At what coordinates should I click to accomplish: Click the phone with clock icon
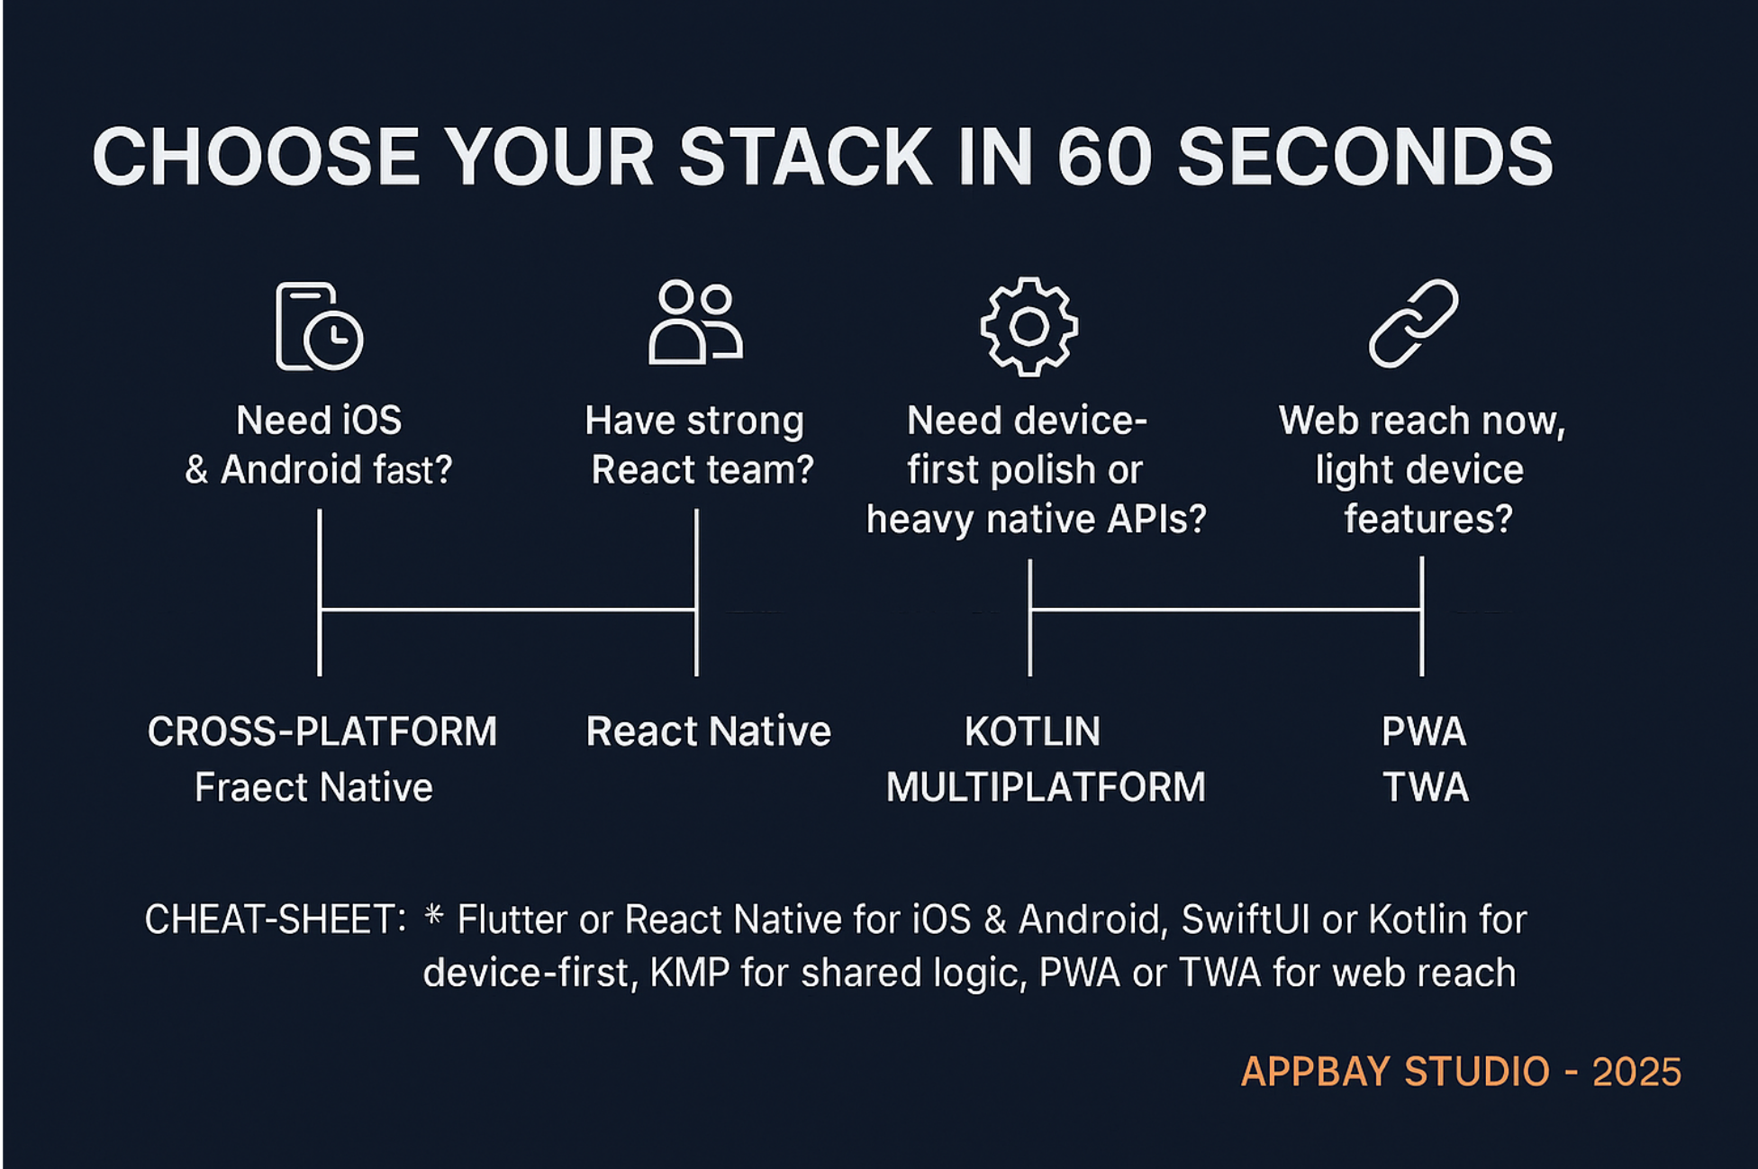pyautogui.click(x=319, y=326)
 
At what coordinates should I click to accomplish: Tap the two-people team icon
pyautogui.click(x=695, y=322)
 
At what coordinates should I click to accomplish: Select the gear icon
pyautogui.click(x=1029, y=326)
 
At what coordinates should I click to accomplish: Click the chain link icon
pyautogui.click(x=1413, y=322)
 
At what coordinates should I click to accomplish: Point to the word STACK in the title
pyautogui.click(x=805, y=156)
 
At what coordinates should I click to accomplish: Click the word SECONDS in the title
pyautogui.click(x=1365, y=156)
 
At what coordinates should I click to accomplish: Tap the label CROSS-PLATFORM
pyautogui.click(x=322, y=731)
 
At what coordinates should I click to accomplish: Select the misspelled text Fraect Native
pyautogui.click(x=314, y=787)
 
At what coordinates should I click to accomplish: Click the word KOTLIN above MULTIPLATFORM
pyautogui.click(x=1032, y=731)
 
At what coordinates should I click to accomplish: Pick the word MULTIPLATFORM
pyautogui.click(x=1046, y=787)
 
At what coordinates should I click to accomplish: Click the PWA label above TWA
pyautogui.click(x=1424, y=731)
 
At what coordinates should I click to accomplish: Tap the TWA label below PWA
pyautogui.click(x=1426, y=787)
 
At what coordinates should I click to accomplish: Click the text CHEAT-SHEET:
pyautogui.click(x=276, y=920)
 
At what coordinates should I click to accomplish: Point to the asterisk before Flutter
pyautogui.click(x=433, y=915)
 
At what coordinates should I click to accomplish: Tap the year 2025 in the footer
pyautogui.click(x=1636, y=1072)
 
